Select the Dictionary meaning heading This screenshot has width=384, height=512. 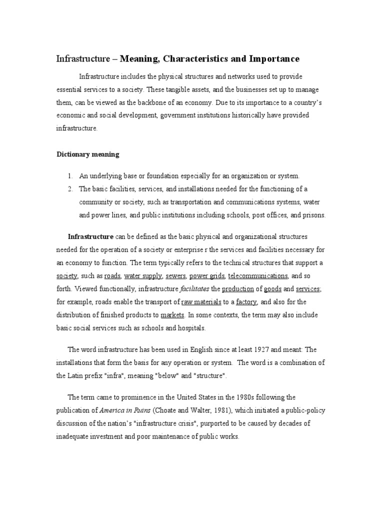point(87,154)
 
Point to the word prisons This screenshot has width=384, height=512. point(312,215)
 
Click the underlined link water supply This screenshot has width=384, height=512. point(143,276)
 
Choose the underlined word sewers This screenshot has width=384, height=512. point(175,276)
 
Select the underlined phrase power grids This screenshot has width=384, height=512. point(207,276)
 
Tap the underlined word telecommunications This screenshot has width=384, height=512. point(257,276)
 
